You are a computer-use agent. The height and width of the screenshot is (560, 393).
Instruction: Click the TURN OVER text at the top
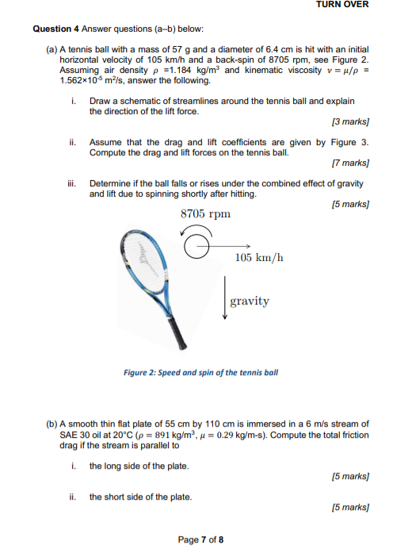point(342,5)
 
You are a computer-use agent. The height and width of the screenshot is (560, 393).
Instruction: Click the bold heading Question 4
point(55,29)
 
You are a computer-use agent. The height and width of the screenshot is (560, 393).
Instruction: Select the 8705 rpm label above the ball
point(205,214)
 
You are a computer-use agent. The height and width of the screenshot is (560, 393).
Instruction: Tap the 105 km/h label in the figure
point(259,258)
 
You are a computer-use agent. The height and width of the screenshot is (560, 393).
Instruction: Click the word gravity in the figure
point(250,301)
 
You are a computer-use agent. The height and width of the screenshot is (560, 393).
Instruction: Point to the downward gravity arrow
point(225,297)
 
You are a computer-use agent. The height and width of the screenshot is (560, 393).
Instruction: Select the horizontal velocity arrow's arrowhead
point(249,246)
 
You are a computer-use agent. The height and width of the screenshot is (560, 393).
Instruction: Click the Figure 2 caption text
point(200,373)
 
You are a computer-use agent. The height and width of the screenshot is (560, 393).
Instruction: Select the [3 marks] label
point(350,122)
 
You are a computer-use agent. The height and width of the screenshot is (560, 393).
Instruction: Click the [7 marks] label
point(350,163)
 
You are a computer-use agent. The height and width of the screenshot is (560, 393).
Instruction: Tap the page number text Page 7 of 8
point(200,539)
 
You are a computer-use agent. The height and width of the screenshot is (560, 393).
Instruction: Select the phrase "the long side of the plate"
point(139,466)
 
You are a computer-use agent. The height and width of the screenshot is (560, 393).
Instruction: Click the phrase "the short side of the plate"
point(139,497)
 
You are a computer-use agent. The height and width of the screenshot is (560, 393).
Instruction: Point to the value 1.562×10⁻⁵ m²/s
point(92,80)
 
